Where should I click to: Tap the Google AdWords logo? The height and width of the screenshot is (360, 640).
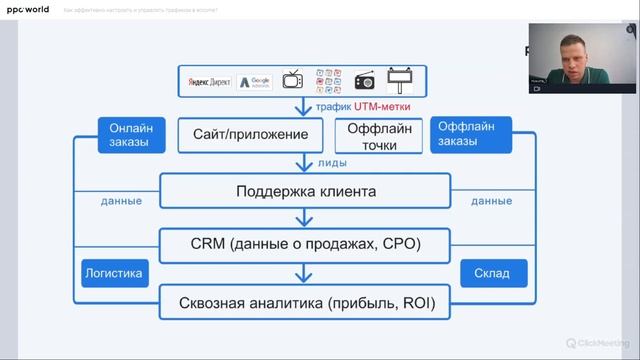(x=255, y=81)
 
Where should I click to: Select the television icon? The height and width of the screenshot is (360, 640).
(x=293, y=80)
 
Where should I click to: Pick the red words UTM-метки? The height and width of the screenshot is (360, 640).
(x=376, y=106)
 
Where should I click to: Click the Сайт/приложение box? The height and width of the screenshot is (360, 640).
(x=250, y=134)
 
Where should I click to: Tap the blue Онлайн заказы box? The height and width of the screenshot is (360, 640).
(x=130, y=134)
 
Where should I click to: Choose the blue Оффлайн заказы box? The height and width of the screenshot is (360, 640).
(x=472, y=134)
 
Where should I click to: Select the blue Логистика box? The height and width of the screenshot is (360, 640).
(x=112, y=272)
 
